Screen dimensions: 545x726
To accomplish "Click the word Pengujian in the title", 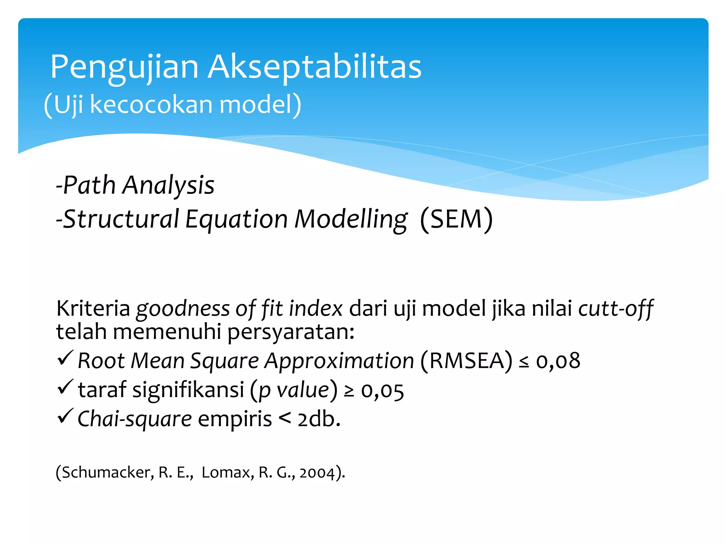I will coord(124,67).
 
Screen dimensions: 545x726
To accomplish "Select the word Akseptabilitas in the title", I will coord(314,67).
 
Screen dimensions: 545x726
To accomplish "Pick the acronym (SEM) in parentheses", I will coord(456,219).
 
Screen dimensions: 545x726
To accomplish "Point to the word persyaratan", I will coord(291,332).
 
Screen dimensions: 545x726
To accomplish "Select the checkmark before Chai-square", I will coord(65,416).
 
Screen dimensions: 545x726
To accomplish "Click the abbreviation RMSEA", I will coord(467,361).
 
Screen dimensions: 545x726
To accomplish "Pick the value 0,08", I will coord(558,361).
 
